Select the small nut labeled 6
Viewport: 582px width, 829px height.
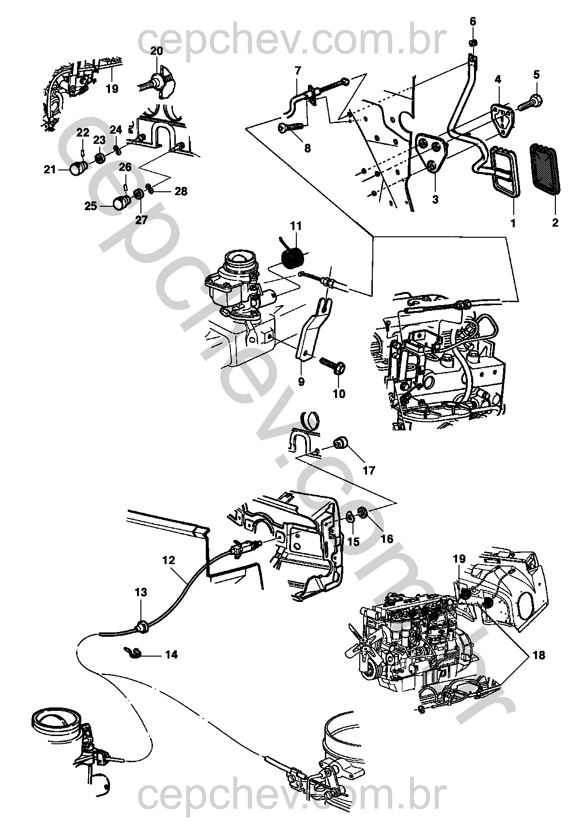[472, 44]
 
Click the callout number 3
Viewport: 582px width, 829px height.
[435, 199]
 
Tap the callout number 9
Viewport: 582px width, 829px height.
[301, 382]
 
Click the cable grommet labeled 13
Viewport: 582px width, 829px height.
[142, 627]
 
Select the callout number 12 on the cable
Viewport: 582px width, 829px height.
[168, 560]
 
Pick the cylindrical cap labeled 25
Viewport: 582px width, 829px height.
[120, 203]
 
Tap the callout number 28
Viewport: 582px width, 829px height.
[181, 191]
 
